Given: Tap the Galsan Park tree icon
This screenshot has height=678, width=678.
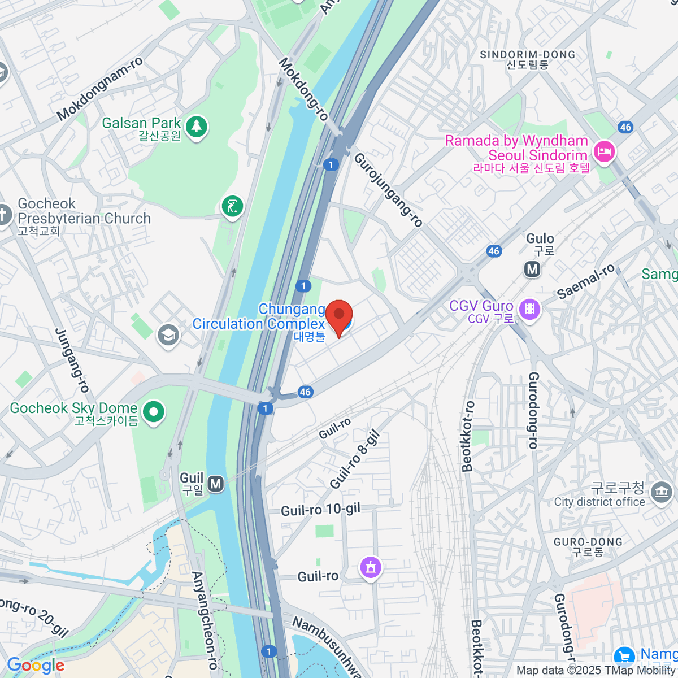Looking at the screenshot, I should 196,127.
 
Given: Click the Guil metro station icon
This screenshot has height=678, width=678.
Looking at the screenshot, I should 215,484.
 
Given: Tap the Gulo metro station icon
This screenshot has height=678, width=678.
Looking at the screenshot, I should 532,269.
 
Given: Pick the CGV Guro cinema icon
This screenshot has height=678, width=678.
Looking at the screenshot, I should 530,308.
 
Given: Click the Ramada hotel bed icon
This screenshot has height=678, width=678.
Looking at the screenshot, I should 604,151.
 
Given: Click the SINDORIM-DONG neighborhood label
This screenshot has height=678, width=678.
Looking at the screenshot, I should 527,55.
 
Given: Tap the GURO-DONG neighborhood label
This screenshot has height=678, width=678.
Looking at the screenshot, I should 588,542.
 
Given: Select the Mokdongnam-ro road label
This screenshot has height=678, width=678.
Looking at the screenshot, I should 99,89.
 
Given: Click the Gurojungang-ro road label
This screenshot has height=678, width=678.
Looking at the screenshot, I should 388,189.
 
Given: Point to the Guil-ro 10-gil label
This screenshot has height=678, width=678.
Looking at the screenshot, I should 320,510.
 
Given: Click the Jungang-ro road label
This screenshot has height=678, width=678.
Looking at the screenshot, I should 72,360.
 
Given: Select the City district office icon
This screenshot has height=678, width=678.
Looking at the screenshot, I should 660,492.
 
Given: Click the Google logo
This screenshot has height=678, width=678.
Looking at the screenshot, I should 36,666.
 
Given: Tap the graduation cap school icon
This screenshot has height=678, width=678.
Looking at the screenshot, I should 168,335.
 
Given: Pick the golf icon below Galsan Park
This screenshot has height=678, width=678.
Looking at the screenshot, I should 232,206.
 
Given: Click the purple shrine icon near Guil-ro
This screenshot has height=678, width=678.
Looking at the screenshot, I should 371,567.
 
